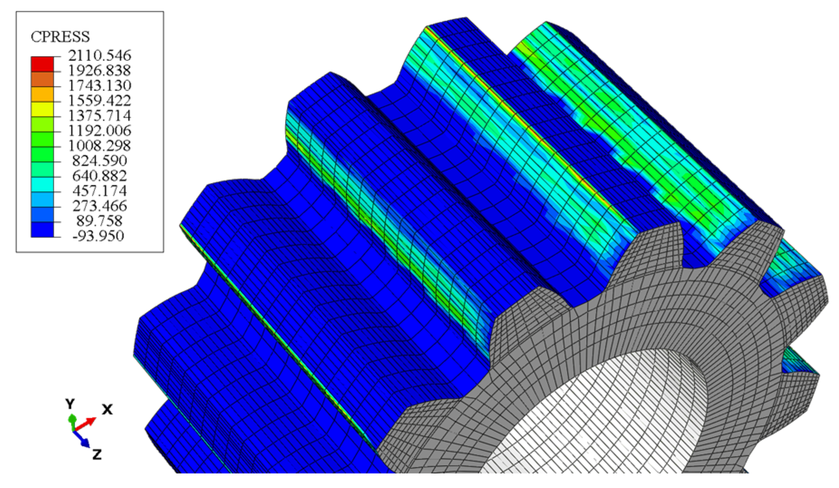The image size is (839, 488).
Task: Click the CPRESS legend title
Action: click(60, 37)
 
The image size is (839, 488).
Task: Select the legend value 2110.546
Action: click(99, 55)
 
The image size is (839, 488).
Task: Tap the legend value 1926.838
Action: click(99, 70)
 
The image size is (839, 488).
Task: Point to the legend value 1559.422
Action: click(99, 100)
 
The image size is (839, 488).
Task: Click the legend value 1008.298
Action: click(99, 145)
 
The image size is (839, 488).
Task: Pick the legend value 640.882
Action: click(99, 175)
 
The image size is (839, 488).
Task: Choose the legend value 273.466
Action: click(99, 206)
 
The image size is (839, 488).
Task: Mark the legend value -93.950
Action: click(98, 236)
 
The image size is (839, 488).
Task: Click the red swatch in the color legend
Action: click(42, 64)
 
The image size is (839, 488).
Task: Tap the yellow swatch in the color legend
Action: click(42, 109)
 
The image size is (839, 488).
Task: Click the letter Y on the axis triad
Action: click(70, 404)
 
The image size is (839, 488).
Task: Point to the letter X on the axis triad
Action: click(107, 410)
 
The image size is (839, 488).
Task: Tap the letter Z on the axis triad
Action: click(97, 454)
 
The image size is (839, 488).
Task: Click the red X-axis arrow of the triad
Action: click(86, 424)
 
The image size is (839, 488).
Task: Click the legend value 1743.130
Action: click(99, 85)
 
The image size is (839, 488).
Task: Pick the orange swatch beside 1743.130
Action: click(42, 79)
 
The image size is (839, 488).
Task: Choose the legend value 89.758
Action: click(99, 221)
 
